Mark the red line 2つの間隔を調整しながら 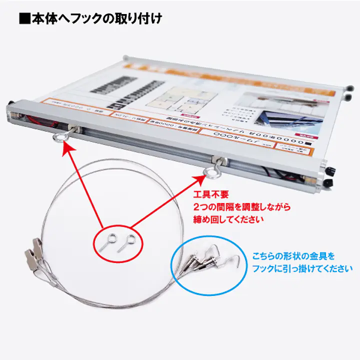tap(241, 206)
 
